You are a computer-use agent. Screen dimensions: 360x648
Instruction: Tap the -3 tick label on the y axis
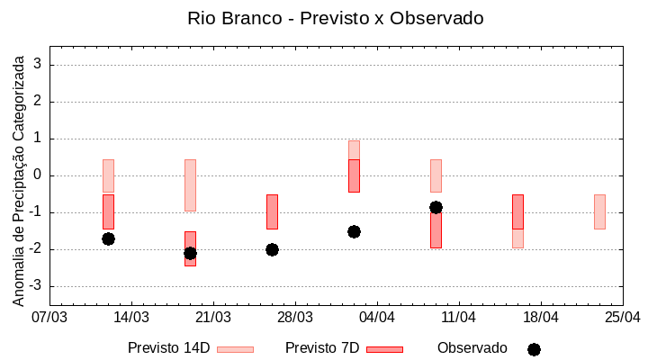point(37,286)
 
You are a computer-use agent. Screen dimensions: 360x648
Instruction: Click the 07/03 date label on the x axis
point(49,317)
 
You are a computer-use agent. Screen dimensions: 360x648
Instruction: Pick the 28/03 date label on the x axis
point(295,317)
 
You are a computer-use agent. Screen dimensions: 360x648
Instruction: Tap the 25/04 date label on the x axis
point(623,317)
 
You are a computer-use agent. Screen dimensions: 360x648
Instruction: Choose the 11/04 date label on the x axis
point(459,317)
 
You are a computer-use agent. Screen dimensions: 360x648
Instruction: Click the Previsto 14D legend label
point(168,348)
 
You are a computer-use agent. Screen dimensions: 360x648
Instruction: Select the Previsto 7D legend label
point(321,348)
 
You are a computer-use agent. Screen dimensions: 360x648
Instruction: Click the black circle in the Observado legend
point(534,349)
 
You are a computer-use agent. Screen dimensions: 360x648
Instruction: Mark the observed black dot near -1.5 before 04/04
point(354,231)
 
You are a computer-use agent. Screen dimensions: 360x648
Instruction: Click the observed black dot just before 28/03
point(272,249)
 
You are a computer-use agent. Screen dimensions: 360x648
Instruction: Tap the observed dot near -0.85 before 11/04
point(436,207)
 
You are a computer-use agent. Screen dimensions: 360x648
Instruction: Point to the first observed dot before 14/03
point(108,238)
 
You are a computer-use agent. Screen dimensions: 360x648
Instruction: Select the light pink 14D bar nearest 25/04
point(599,211)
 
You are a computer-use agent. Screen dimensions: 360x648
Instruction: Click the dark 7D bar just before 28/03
point(272,211)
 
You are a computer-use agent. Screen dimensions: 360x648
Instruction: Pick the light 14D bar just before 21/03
point(190,185)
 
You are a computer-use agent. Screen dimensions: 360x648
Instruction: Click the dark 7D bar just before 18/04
point(517,211)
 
